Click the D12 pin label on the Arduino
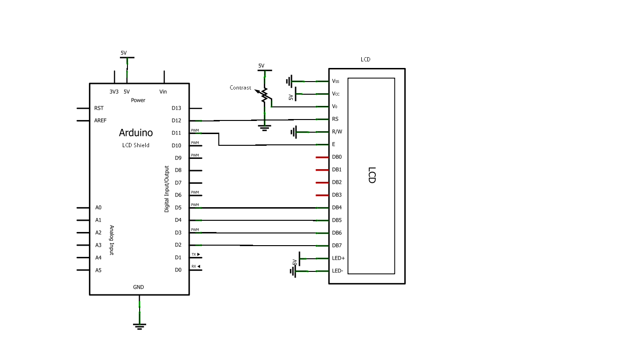pyautogui.click(x=176, y=120)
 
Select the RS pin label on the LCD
pyautogui.click(x=335, y=119)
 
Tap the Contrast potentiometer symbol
pyautogui.click(x=265, y=95)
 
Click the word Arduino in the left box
pyautogui.click(x=136, y=133)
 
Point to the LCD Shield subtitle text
pyautogui.click(x=136, y=145)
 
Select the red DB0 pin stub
pyautogui.click(x=322, y=157)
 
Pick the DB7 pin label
pyautogui.click(x=337, y=245)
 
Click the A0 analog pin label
pyautogui.click(x=98, y=207)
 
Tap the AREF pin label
pyautogui.click(x=100, y=120)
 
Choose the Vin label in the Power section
pyautogui.click(x=163, y=92)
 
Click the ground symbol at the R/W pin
pyautogui.click(x=294, y=132)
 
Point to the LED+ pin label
pyautogui.click(x=338, y=258)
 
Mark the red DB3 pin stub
pyautogui.click(x=322, y=195)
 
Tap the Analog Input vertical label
pyautogui.click(x=112, y=240)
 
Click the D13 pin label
pyautogui.click(x=176, y=108)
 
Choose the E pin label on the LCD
pyautogui.click(x=334, y=144)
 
